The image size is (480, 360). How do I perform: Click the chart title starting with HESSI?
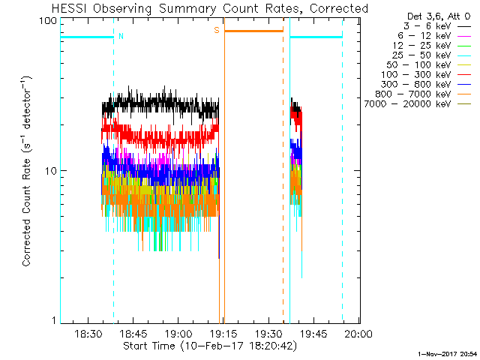pyautogui.click(x=210, y=8)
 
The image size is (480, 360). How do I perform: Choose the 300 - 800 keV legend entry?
pyautogui.click(x=423, y=85)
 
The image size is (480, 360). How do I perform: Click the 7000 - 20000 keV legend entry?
pyautogui.click(x=417, y=104)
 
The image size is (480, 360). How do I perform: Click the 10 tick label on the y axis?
pyautogui.click(x=51, y=171)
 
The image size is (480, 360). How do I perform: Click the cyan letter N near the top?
pyautogui.click(x=121, y=36)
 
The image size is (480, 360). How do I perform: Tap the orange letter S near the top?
pyautogui.click(x=217, y=30)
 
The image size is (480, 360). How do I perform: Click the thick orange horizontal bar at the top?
pyautogui.click(x=253, y=31)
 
